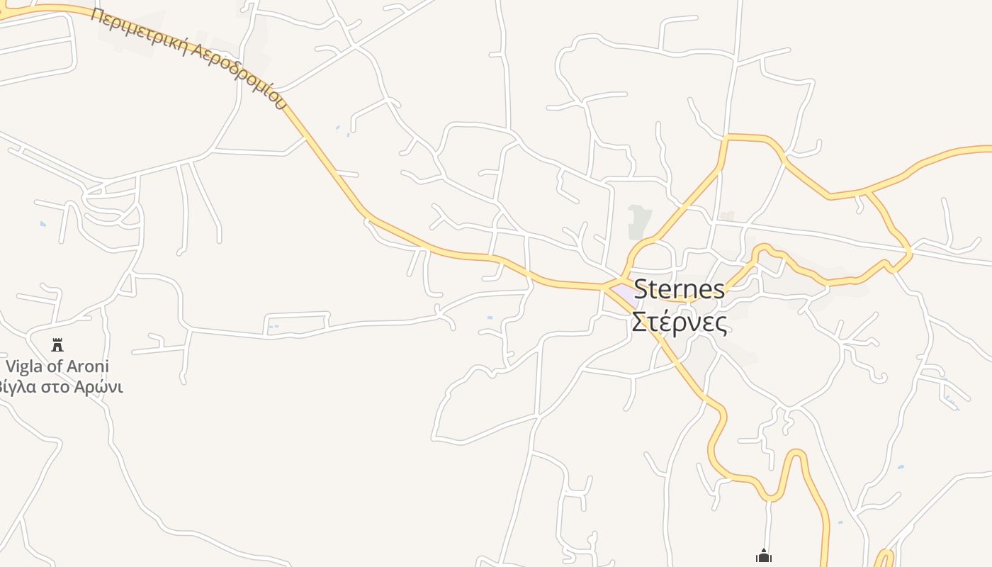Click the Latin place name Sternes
pyautogui.click(x=679, y=289)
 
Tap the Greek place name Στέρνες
pyautogui.click(x=679, y=322)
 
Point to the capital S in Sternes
pyautogui.click(x=641, y=289)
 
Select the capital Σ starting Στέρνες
pyautogui.click(x=638, y=322)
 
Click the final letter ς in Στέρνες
pyautogui.click(x=721, y=325)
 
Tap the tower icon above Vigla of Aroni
pyautogui.click(x=57, y=345)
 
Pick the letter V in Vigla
pyautogui.click(x=11, y=366)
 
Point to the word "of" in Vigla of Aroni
pyautogui.click(x=55, y=366)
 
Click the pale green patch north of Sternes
pyautogui.click(x=639, y=221)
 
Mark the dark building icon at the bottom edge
pyautogui.click(x=763, y=556)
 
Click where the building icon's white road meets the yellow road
pyautogui.click(x=768, y=500)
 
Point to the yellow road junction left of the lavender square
pyautogui.click(x=604, y=288)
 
